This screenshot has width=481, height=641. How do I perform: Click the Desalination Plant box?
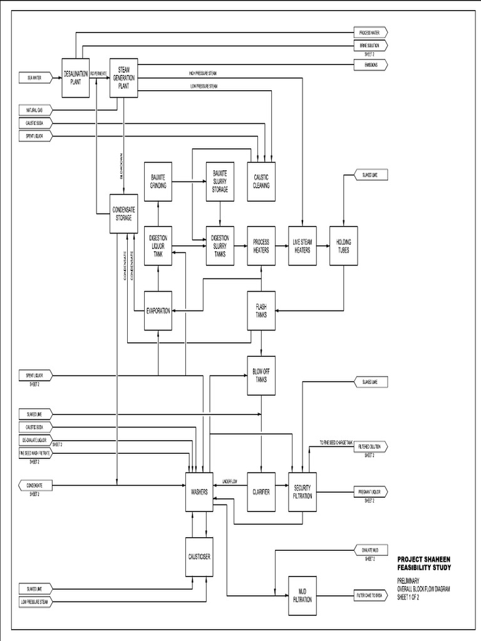pos(76,78)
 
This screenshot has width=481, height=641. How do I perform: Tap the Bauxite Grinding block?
pos(158,182)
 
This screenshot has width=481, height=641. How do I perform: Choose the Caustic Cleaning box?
pos(261,182)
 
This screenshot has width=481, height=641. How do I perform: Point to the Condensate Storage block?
pos(123,214)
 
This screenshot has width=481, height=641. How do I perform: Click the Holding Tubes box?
pos(343,245)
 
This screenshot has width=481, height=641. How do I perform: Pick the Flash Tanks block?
pos(261,310)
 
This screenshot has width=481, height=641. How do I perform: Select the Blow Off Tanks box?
pos(261,376)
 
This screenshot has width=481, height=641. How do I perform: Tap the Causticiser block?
pos(199,555)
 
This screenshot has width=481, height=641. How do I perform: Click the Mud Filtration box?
pos(302,595)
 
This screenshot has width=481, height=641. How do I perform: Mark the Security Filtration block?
pos(302,491)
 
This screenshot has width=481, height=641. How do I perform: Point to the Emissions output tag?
pos(370,64)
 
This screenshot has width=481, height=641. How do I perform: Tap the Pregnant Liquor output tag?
pos(370,492)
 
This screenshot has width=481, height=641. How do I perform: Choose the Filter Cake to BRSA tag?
pos(371,595)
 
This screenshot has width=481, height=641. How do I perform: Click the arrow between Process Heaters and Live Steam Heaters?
pos(282,245)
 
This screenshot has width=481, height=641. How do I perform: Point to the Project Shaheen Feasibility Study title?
pos(423,563)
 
